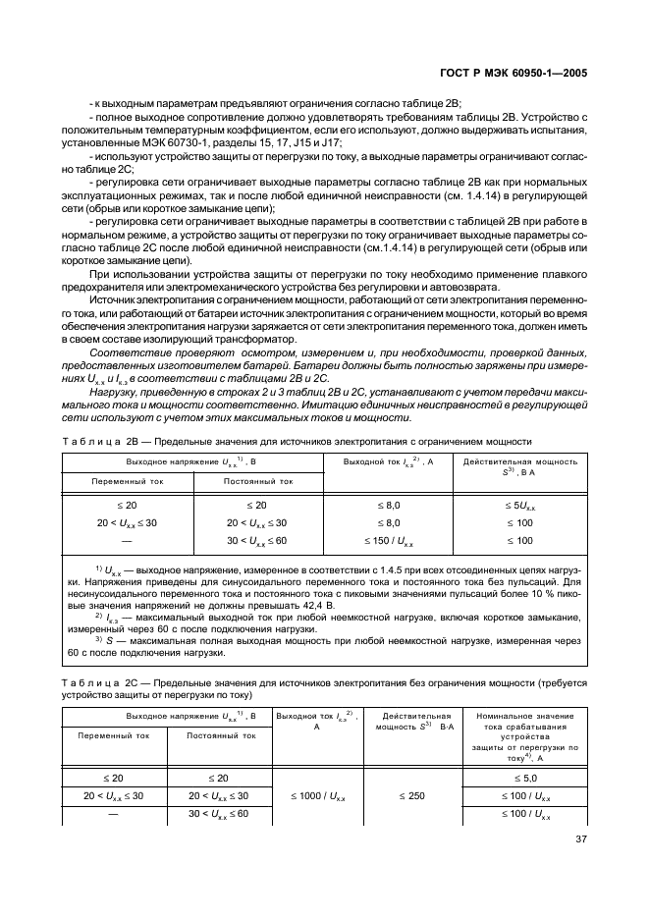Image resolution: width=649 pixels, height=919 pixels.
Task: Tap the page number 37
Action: pyautogui.click(x=579, y=838)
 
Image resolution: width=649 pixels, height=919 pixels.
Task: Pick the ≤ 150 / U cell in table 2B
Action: pyautogui.click(x=388, y=541)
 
